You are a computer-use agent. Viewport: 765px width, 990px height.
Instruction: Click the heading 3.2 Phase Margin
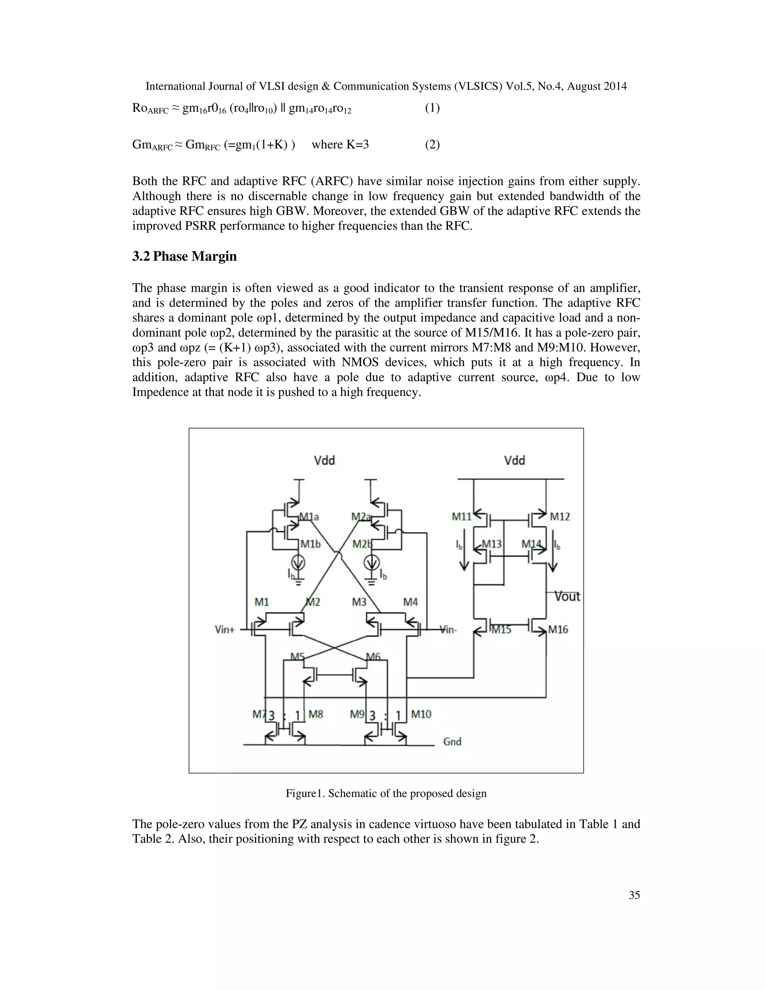coord(185,257)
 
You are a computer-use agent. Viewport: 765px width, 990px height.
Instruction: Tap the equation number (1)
coord(432,108)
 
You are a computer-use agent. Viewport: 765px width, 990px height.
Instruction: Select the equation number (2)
coord(432,145)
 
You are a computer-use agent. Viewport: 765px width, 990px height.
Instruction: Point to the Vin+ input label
coord(224,629)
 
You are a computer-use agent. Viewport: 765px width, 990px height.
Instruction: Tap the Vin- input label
coord(448,629)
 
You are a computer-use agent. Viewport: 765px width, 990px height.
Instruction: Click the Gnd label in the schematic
coord(452,741)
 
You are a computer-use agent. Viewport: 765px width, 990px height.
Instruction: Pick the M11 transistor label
coord(461,516)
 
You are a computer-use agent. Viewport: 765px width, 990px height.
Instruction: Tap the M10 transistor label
coord(421,714)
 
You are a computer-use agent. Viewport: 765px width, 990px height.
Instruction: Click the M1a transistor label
coord(310,516)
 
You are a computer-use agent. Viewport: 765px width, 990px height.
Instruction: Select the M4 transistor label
coord(411,602)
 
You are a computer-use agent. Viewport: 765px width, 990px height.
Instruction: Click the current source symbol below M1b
coord(298,563)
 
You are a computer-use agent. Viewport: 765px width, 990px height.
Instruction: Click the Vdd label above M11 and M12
coord(514,461)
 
